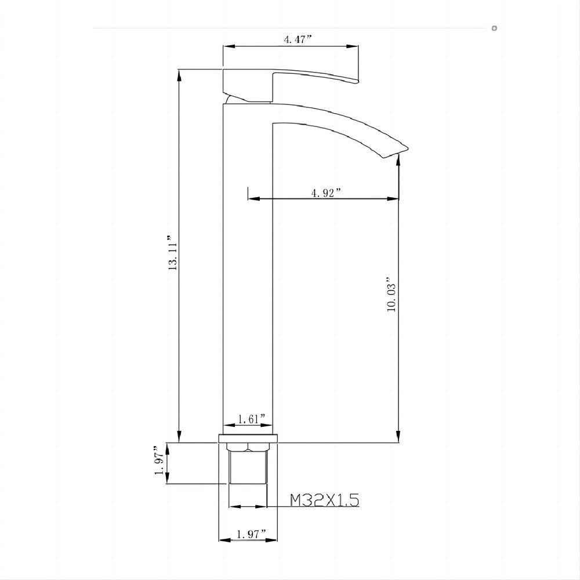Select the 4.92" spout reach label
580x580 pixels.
click(326, 193)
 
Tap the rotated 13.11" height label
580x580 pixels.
click(172, 254)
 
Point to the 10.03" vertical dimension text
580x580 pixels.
click(391, 295)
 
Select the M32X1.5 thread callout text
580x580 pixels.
click(324, 499)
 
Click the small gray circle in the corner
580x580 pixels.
click(494, 28)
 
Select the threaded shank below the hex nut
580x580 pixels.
click(248, 470)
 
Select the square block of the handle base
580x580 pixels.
click(247, 86)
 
